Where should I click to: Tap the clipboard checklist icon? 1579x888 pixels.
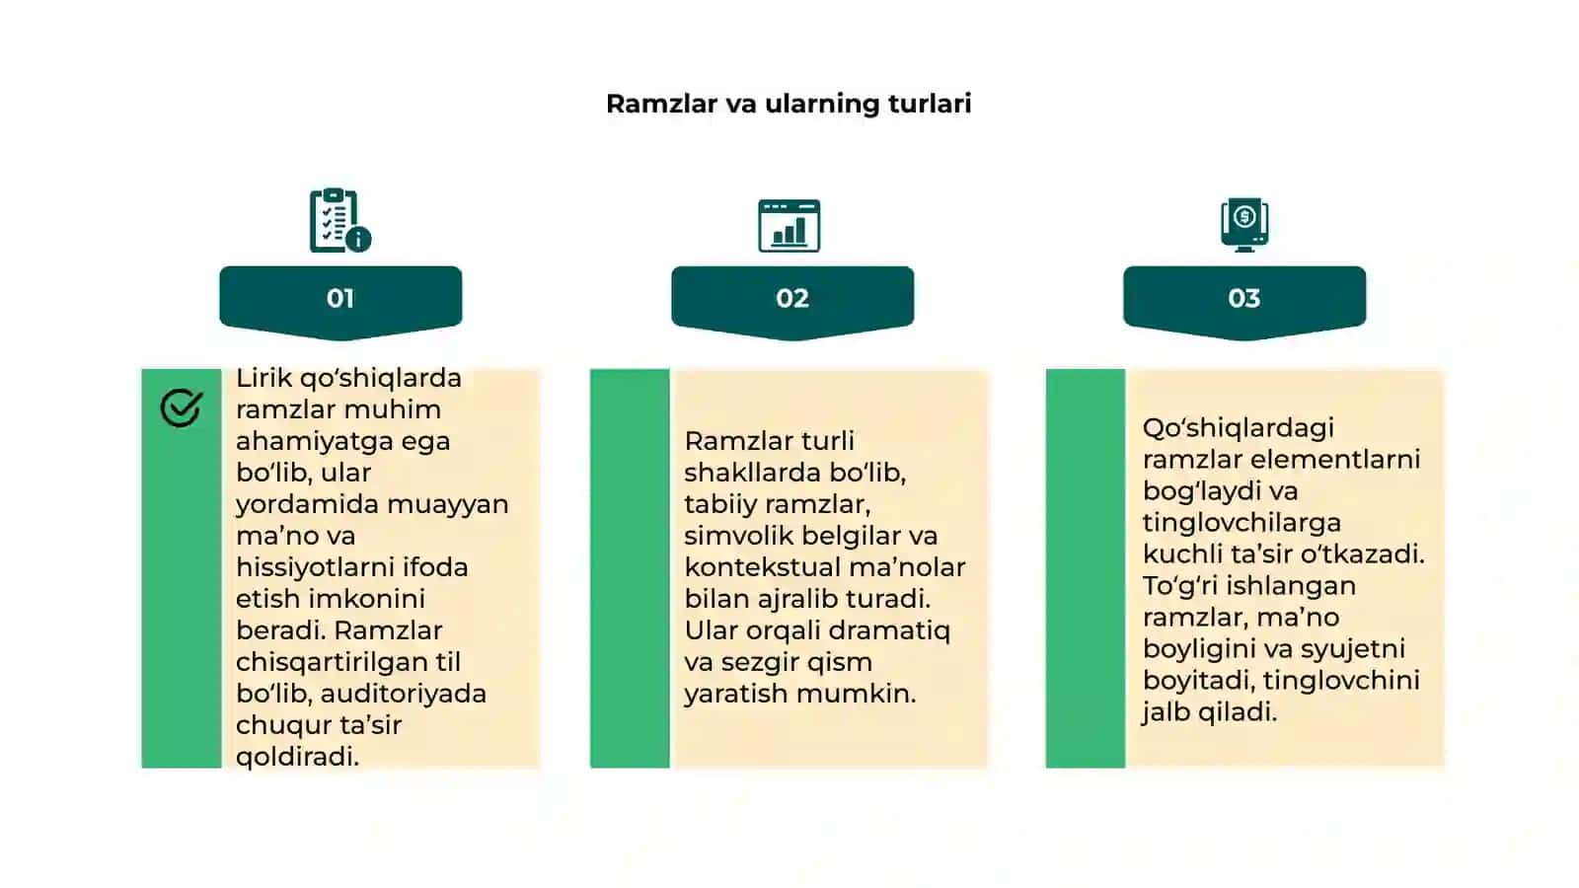340,220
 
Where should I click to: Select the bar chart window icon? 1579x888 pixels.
789,226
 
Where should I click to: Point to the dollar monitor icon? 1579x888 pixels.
1244,225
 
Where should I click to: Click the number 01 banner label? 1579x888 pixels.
340,298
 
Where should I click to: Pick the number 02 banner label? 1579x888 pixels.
792,298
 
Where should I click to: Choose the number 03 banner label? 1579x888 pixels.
1244,298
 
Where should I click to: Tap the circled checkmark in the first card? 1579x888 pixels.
182,407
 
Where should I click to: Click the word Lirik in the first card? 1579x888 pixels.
263,379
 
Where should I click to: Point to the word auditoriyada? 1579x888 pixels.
404,695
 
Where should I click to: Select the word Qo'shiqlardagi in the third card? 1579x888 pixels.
1239,428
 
